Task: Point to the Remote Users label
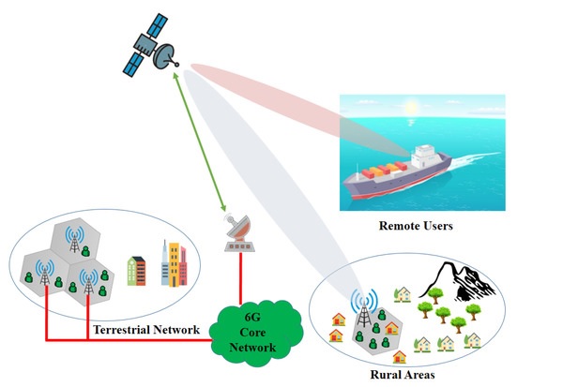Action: point(417,225)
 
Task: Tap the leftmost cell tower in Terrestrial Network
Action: point(43,275)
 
